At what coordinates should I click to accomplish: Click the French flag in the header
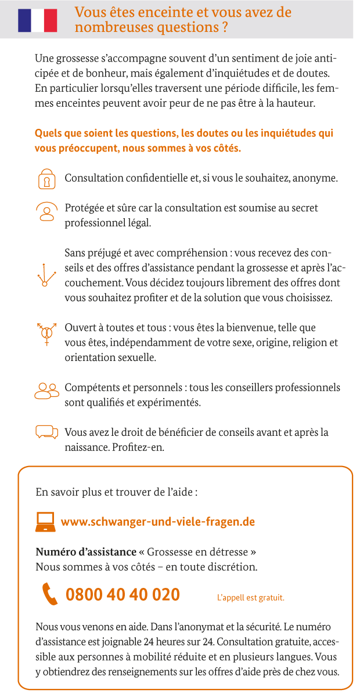38,20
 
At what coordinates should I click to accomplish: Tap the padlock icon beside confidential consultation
46,179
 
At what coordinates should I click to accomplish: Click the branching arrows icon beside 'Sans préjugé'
45,275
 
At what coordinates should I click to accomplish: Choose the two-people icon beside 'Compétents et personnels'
46,391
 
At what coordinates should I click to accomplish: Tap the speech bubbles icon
46,432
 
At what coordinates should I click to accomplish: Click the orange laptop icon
45,522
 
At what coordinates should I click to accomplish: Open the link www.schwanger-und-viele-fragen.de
158,522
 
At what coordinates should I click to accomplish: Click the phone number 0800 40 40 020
123,595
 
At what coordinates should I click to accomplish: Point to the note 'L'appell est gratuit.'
250,597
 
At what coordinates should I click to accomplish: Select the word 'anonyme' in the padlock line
315,178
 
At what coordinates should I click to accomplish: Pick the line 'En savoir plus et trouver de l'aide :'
117,493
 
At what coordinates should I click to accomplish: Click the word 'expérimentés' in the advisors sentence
172,402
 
